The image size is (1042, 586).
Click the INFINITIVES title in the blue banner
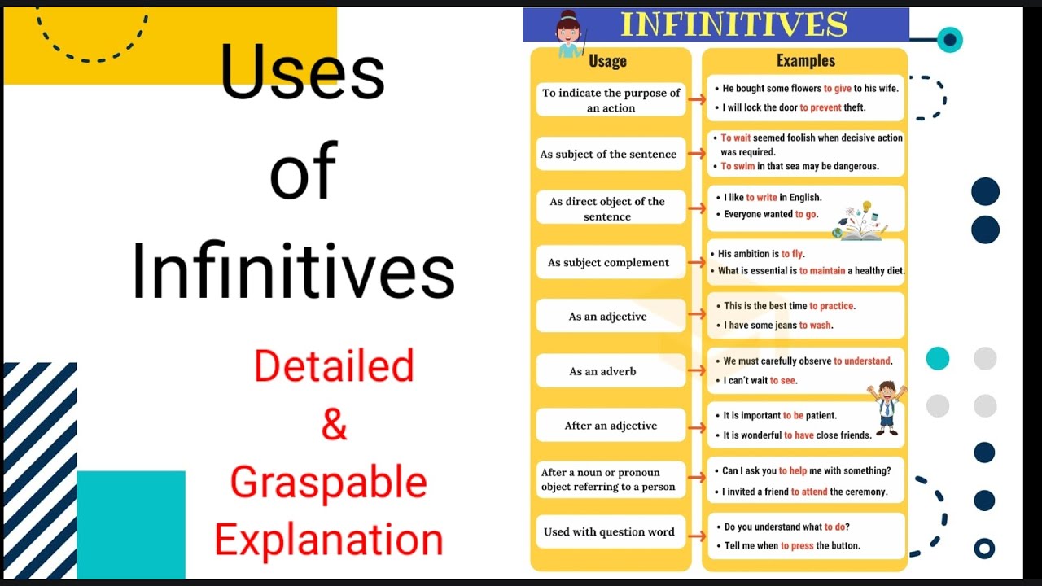[x=733, y=24]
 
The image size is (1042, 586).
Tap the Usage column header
[x=607, y=61]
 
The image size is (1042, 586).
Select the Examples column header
[x=805, y=60]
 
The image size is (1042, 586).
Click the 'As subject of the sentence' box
[x=609, y=154]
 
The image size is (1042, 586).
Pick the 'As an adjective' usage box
[x=608, y=317]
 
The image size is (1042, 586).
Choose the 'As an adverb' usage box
[x=603, y=371]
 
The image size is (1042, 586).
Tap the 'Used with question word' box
[x=609, y=532]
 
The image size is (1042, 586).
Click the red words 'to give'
[x=837, y=89]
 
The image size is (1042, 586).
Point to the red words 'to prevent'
[x=821, y=107]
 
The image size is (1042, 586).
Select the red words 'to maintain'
[x=822, y=271]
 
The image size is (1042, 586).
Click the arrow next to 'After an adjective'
[x=696, y=425]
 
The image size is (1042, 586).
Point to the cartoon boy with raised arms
[x=887, y=405]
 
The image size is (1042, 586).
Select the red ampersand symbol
[x=334, y=423]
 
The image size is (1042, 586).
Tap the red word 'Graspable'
[x=328, y=482]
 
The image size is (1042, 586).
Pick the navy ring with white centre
[x=984, y=549]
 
